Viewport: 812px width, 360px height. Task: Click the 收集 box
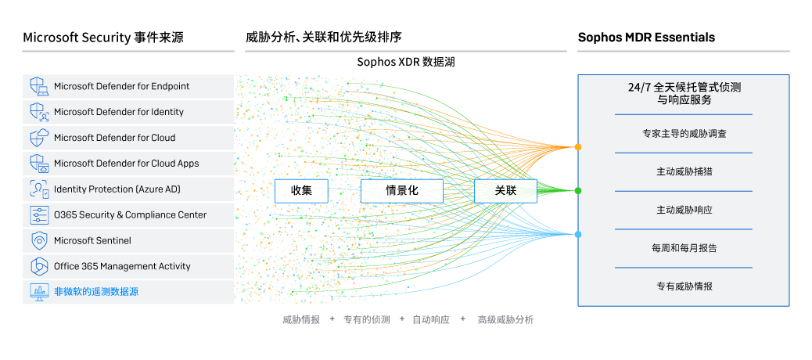(x=301, y=191)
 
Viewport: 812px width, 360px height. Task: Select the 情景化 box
(x=401, y=191)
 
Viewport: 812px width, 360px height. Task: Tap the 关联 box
(x=505, y=191)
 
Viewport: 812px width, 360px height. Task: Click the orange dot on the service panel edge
(x=578, y=147)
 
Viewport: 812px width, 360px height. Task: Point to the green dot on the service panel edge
(x=578, y=191)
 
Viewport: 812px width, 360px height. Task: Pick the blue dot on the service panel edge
(x=578, y=235)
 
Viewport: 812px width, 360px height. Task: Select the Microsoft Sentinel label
(x=92, y=240)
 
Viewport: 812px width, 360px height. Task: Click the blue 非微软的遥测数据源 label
(x=96, y=292)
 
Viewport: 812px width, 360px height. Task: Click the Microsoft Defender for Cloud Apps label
(x=126, y=164)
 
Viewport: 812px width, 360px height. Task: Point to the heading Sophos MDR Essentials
(x=646, y=37)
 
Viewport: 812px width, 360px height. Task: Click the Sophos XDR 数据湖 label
(x=405, y=62)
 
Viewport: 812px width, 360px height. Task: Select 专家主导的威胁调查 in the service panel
(x=684, y=133)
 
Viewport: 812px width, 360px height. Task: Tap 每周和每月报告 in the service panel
(x=684, y=248)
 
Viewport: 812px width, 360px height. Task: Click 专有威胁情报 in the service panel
(x=684, y=286)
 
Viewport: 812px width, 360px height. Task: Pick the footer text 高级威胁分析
(x=505, y=320)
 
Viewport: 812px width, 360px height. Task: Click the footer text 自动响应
(x=431, y=320)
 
